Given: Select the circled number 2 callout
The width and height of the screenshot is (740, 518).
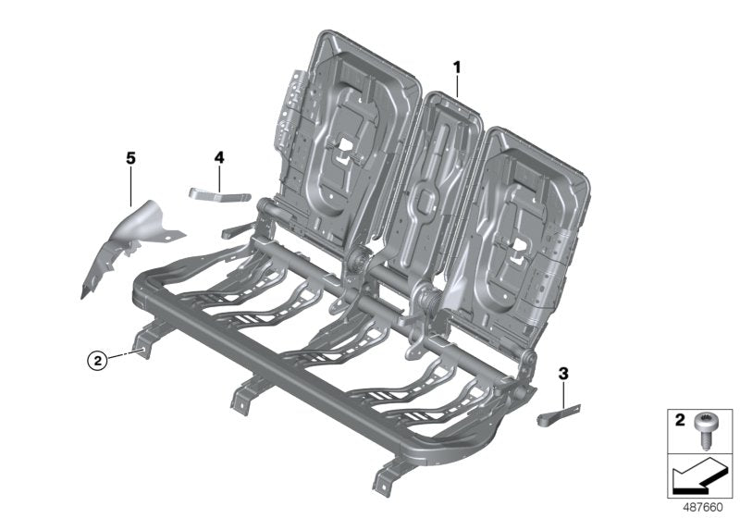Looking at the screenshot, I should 95,360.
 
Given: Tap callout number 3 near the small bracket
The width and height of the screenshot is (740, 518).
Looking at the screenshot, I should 562,374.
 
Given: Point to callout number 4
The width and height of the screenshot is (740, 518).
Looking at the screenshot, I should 219,158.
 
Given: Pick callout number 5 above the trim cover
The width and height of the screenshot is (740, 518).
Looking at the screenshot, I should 130,159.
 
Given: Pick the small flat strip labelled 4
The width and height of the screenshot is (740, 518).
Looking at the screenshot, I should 220,193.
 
